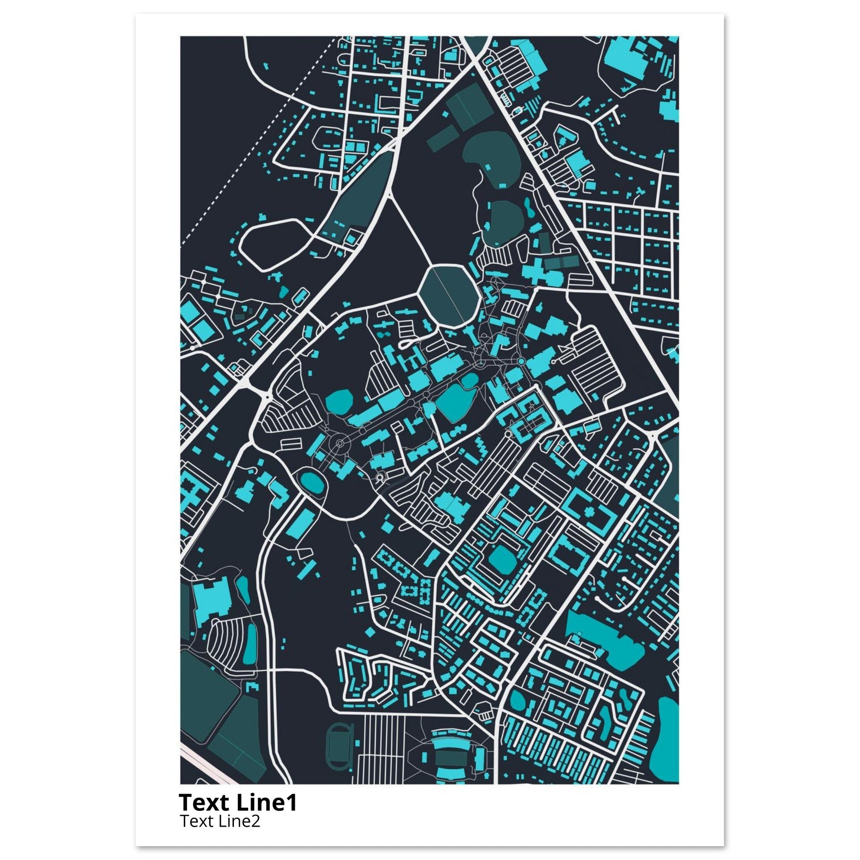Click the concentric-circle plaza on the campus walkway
340,443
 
